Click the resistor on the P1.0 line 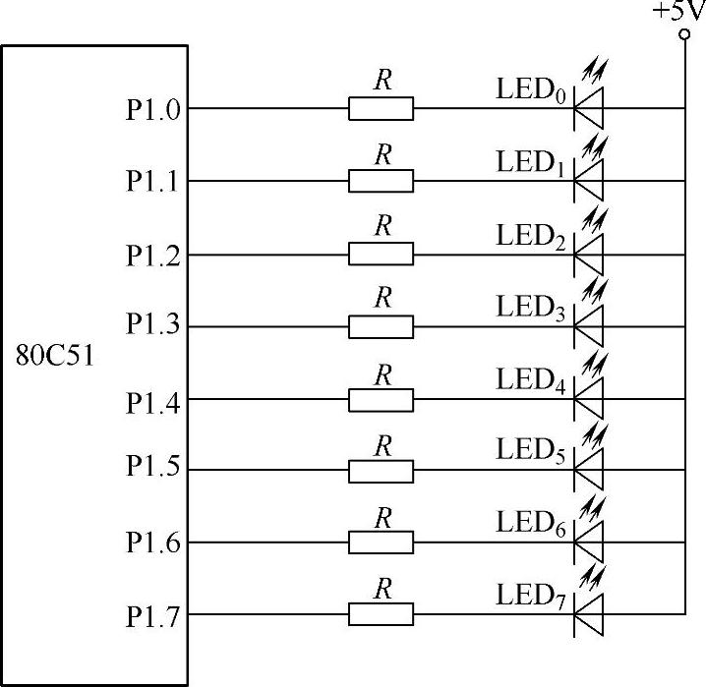[382, 108]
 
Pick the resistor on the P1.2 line [382, 255]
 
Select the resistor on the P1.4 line [382, 399]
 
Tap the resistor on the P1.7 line [382, 615]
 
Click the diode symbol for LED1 [588, 180]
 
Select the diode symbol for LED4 [588, 399]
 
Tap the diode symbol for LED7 [588, 614]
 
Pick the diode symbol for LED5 [588, 471]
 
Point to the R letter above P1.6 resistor [383, 516]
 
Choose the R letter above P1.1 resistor [383, 154]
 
